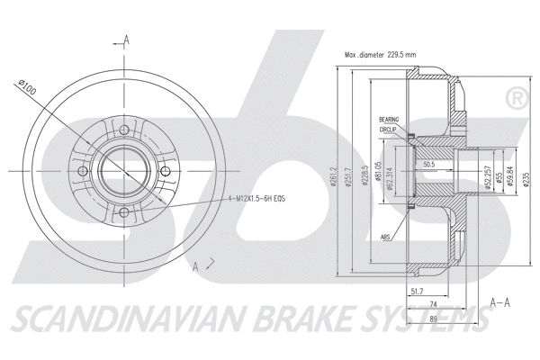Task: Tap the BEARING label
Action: click(x=388, y=119)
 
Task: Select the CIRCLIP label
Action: click(x=388, y=129)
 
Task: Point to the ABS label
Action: click(x=386, y=238)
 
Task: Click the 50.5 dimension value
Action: click(x=428, y=165)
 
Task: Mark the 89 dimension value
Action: click(x=434, y=319)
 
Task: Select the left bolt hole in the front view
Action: click(x=83, y=170)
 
